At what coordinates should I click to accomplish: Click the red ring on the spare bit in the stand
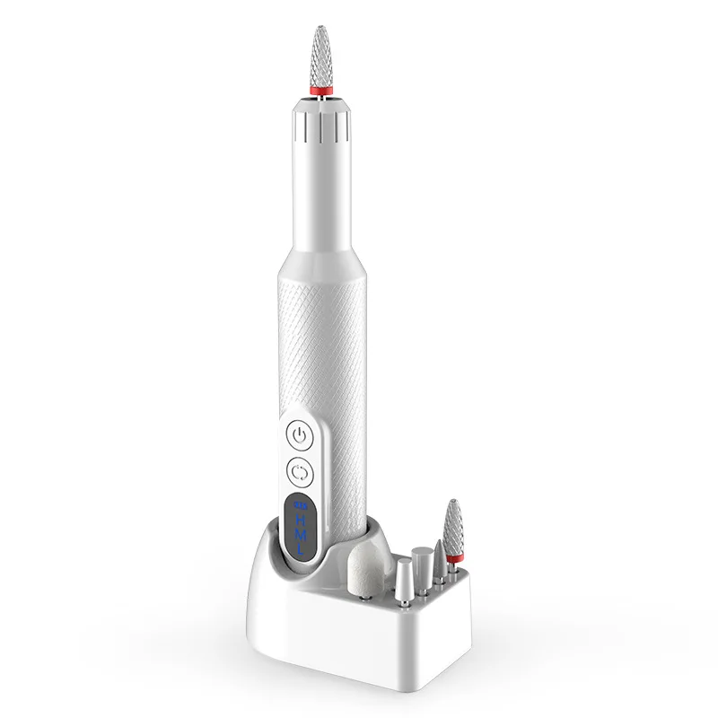click(453, 559)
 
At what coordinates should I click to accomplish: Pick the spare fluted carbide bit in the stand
click(453, 530)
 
